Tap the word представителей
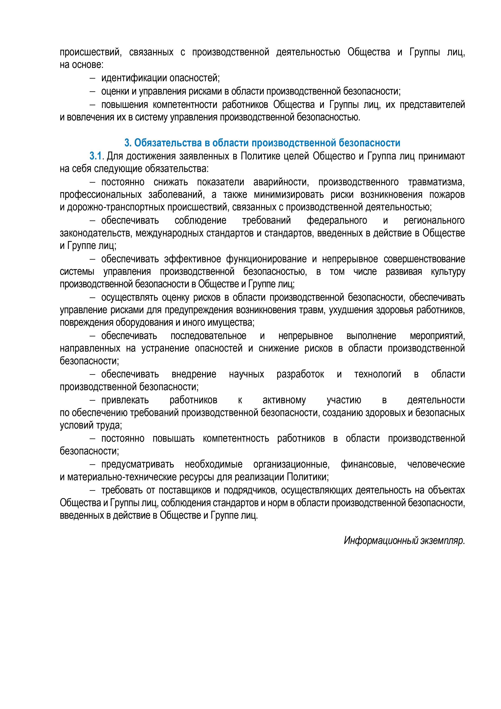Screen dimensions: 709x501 tap(432, 105)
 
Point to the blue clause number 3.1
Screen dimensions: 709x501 tap(96, 156)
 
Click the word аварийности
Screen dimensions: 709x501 tap(281, 182)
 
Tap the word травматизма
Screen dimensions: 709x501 tap(436, 182)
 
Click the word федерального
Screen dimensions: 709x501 tap(337, 220)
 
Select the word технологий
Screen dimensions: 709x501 tap(378, 374)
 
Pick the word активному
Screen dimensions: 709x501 tap(284, 400)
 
